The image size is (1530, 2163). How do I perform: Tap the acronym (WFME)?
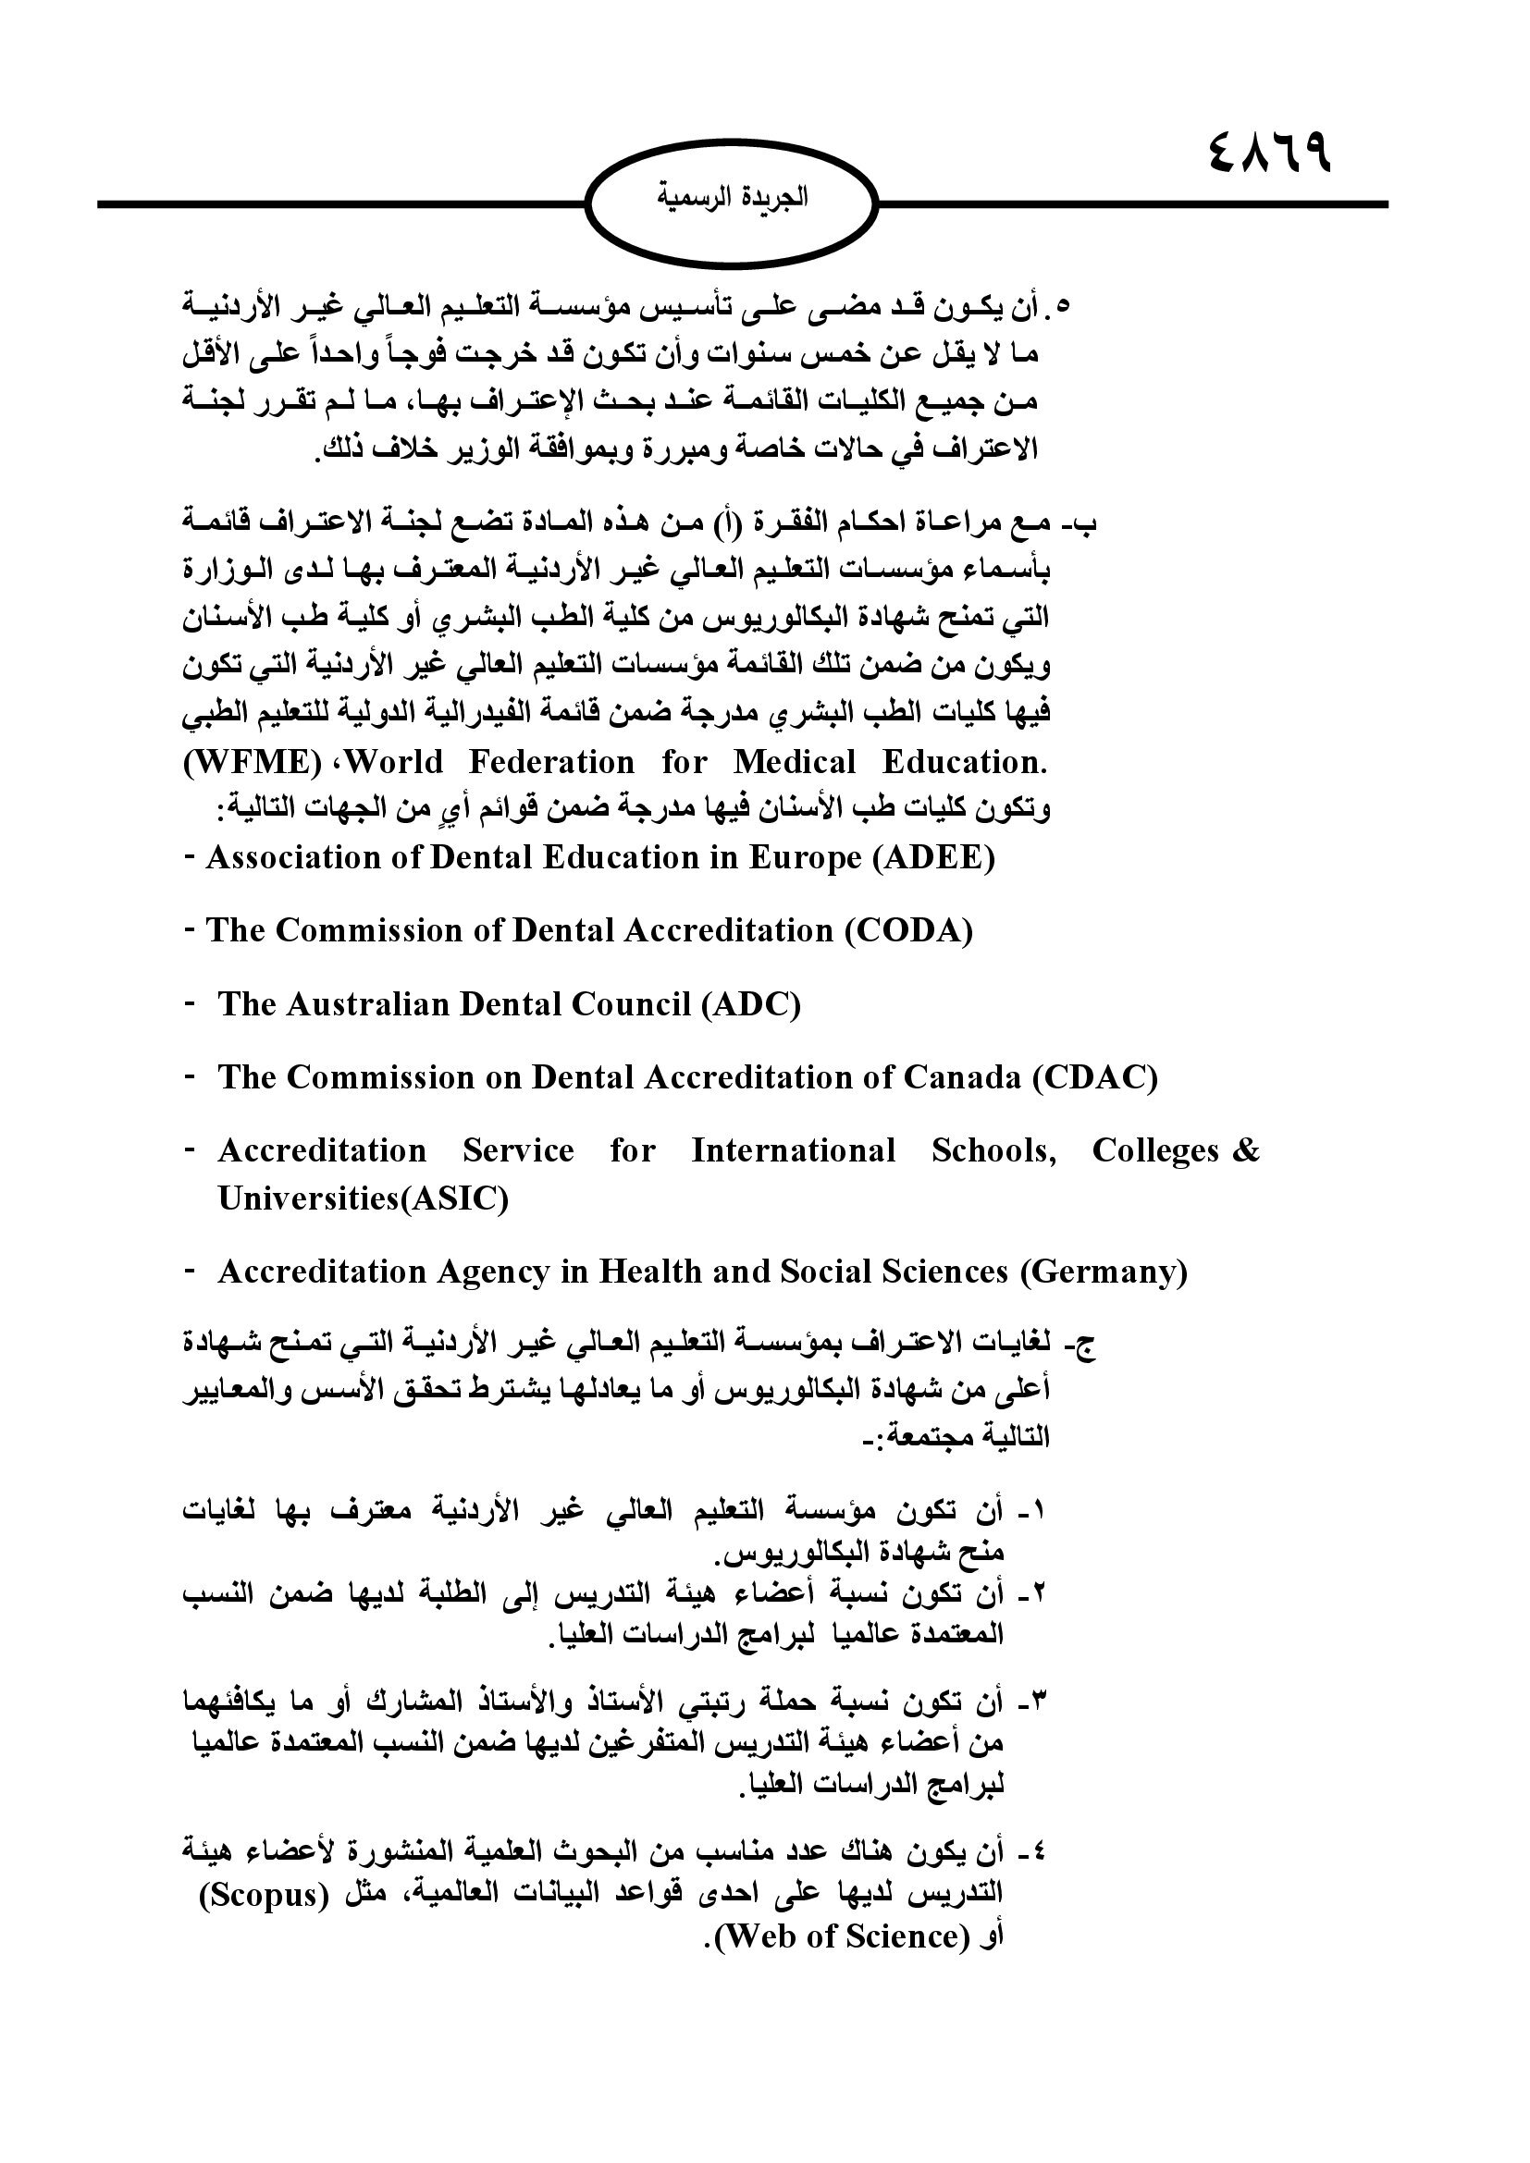(x=248, y=761)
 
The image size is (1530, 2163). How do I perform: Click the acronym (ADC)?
(x=751, y=1004)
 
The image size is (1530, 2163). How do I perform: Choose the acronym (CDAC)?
(x=1094, y=1076)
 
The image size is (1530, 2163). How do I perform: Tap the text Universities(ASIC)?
(x=363, y=1199)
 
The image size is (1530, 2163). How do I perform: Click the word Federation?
(x=551, y=761)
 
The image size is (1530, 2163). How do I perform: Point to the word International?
(x=794, y=1150)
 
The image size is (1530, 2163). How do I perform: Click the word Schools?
(x=993, y=1150)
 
